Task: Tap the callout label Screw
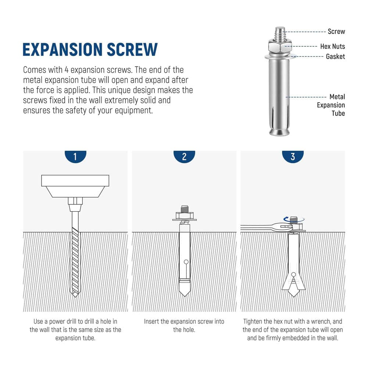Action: point(336,32)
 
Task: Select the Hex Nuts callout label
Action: point(332,47)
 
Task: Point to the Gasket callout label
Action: point(335,57)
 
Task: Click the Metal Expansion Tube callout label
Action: point(331,105)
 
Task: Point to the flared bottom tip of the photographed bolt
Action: point(279,132)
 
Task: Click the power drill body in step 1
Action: point(75,186)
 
